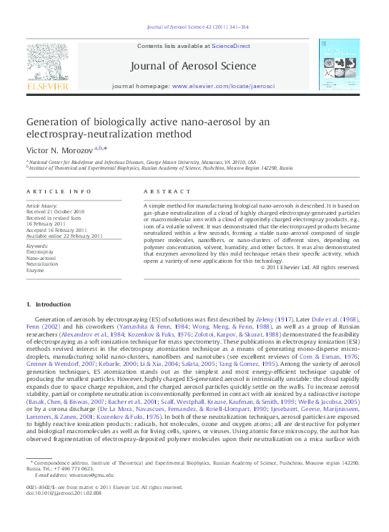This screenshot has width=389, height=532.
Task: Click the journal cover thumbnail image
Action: click(x=339, y=64)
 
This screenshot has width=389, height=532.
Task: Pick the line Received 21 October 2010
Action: click(x=55, y=212)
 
